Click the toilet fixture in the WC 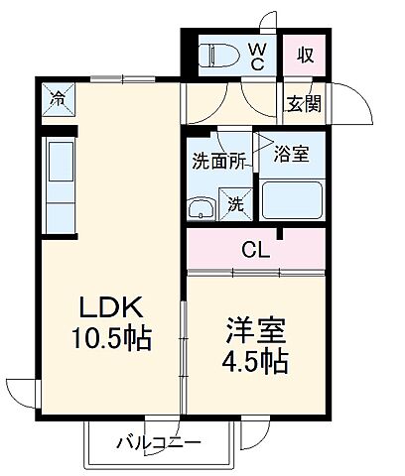tap(216, 55)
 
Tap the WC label tap(256, 55)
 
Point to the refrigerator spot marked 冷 tap(59, 99)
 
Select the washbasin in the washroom tap(202, 208)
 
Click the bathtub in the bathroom tap(291, 201)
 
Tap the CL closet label tap(256, 249)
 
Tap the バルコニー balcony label tap(158, 441)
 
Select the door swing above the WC tap(269, 22)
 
